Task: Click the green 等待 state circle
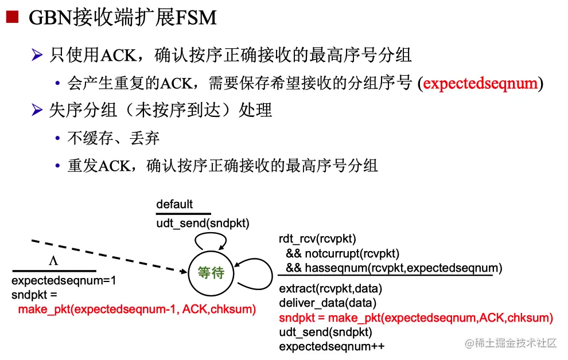[211, 273]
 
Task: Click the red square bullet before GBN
[11, 18]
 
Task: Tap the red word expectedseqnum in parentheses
[480, 84]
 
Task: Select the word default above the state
[174, 204]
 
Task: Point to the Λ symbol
[53, 261]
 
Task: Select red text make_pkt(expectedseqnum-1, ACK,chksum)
[137, 310]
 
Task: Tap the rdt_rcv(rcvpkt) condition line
[317, 239]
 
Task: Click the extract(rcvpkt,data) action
[330, 288]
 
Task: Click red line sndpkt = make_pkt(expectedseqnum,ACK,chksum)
[416, 318]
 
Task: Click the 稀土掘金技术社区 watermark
[511, 343]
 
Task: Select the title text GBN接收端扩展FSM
[122, 18]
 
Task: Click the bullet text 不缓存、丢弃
[113, 138]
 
